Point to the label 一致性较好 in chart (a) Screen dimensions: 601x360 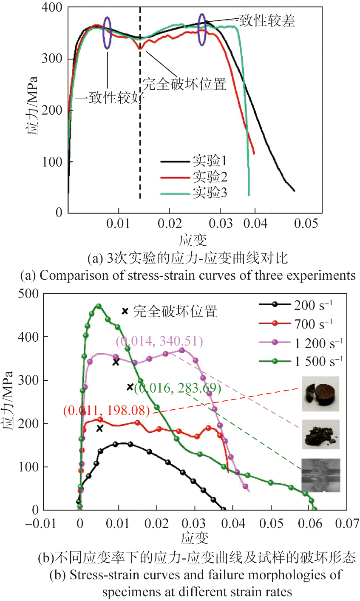(110, 98)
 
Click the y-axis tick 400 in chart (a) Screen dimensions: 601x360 (52, 8)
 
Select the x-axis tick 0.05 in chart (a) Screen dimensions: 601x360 (306, 223)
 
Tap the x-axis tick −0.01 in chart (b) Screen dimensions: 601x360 (41, 523)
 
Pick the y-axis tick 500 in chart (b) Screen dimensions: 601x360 (28, 294)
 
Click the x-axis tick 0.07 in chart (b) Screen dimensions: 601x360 (347, 523)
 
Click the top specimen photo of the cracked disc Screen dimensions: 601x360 (321, 394)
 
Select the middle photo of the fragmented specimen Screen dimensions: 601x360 (321, 434)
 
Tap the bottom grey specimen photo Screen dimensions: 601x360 (321, 475)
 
